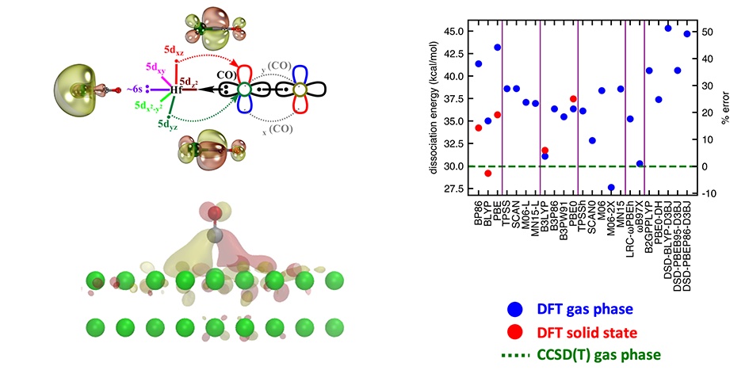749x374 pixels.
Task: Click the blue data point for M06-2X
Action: pyautogui.click(x=611, y=187)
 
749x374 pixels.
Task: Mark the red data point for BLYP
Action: pyautogui.click(x=488, y=173)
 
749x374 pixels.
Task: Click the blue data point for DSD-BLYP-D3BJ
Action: pyautogui.click(x=668, y=29)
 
